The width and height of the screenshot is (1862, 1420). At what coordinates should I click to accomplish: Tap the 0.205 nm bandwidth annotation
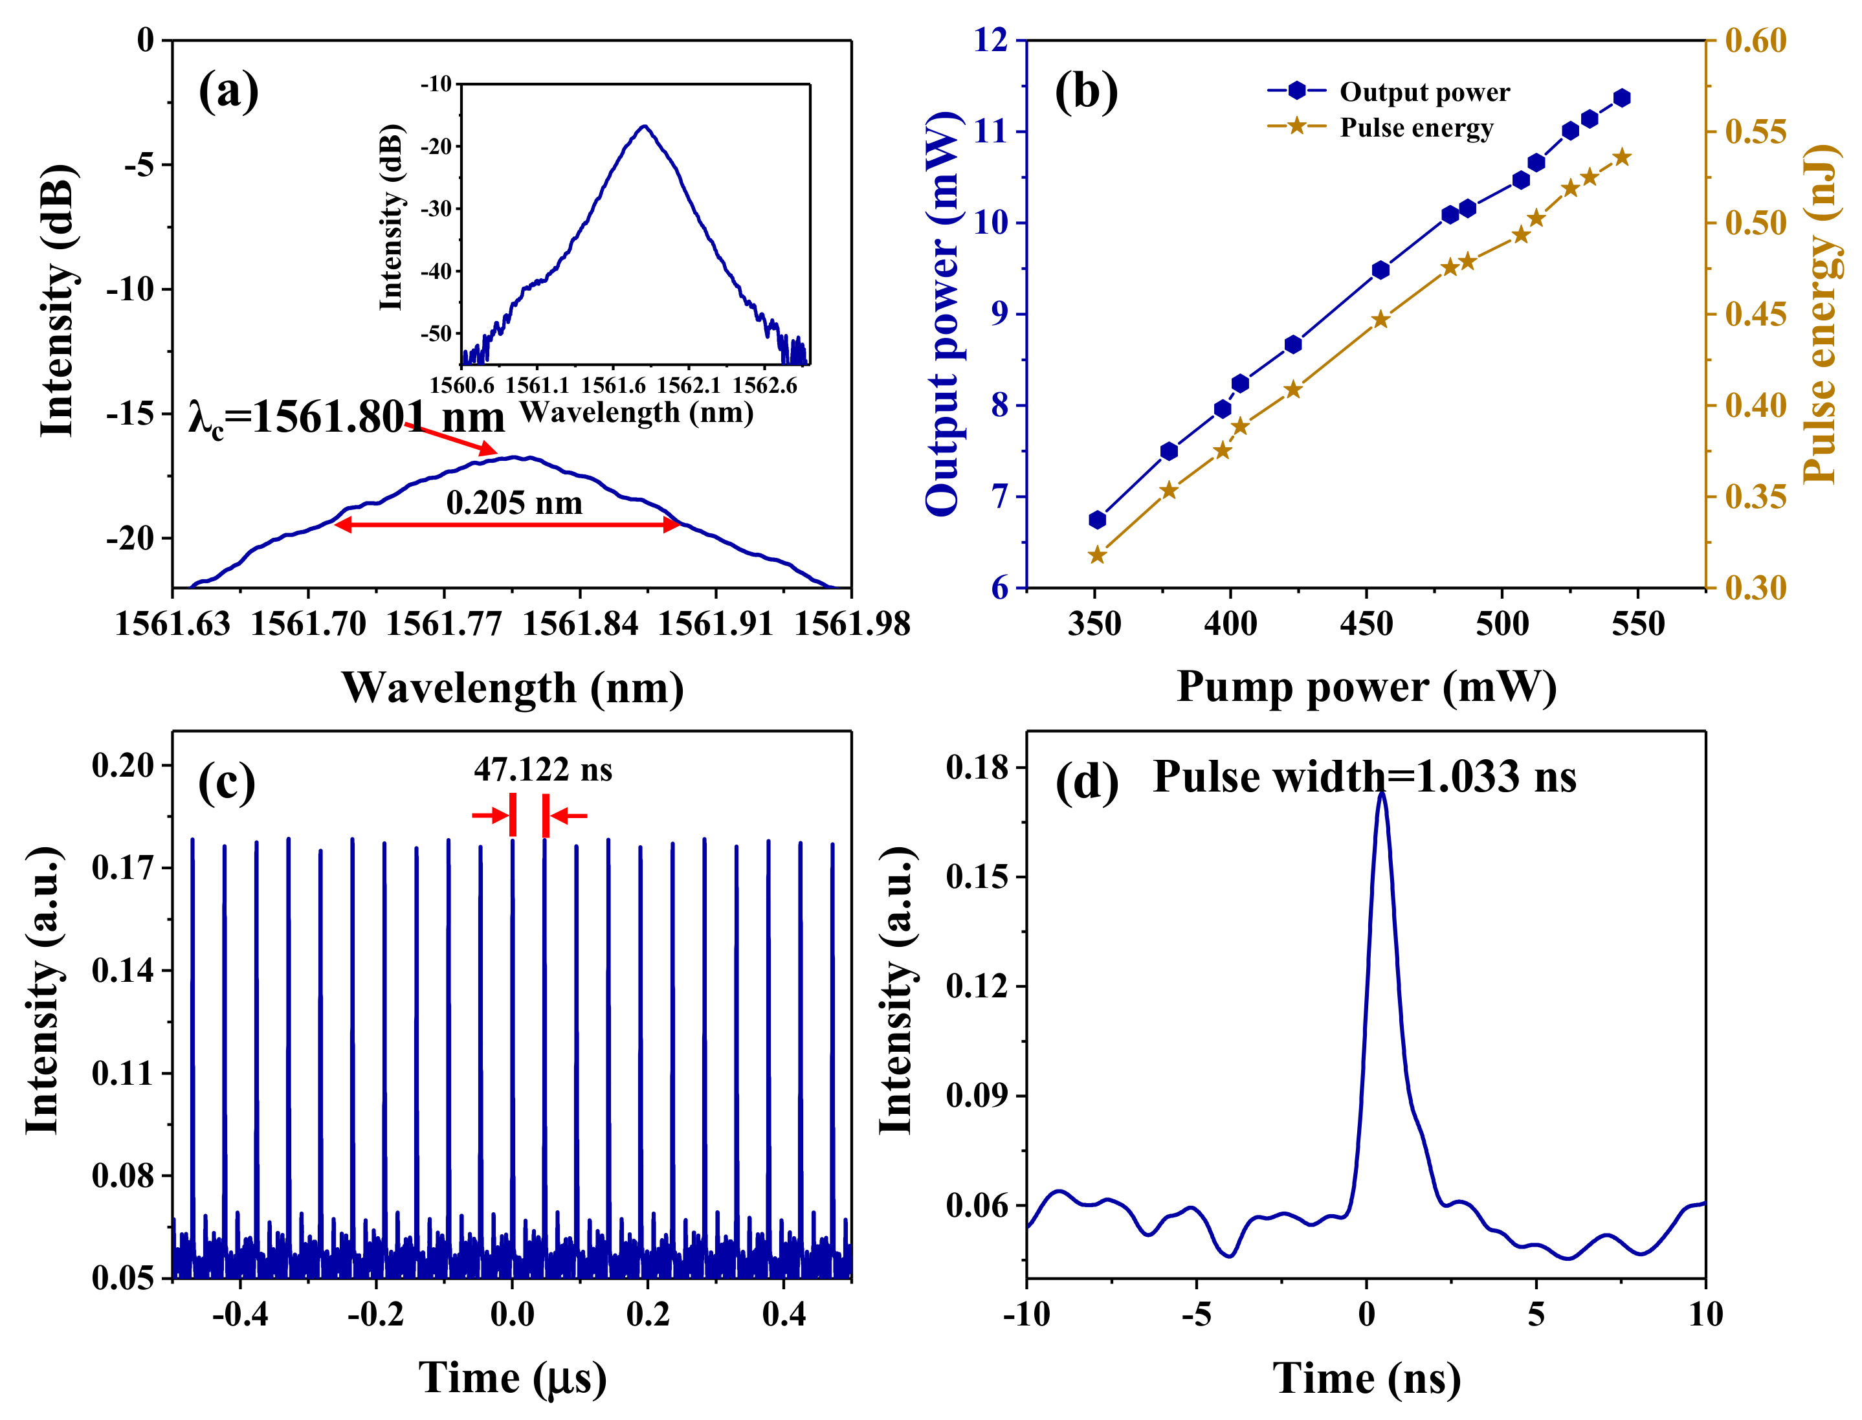point(514,503)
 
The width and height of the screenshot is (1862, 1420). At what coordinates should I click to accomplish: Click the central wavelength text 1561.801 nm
point(346,417)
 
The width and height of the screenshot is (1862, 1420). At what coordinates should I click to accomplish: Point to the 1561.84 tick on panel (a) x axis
point(580,624)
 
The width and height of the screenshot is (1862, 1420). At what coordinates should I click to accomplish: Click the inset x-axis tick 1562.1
point(688,386)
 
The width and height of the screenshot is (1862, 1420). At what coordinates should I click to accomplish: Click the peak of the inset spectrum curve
point(644,126)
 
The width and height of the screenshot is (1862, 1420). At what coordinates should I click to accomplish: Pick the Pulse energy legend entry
point(1415,128)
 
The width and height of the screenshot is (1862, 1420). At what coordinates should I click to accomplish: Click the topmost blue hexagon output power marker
point(1621,98)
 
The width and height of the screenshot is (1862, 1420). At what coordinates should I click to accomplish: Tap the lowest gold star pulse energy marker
point(1097,555)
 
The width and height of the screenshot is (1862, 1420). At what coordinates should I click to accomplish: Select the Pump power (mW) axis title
point(1366,686)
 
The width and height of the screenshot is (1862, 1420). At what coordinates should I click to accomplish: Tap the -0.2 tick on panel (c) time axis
point(376,1315)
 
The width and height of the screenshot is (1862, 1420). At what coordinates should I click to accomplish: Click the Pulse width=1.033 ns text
point(1364,776)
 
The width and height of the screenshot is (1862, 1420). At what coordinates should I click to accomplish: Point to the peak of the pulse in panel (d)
point(1382,793)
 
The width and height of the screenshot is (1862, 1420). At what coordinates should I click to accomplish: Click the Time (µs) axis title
point(512,1378)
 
